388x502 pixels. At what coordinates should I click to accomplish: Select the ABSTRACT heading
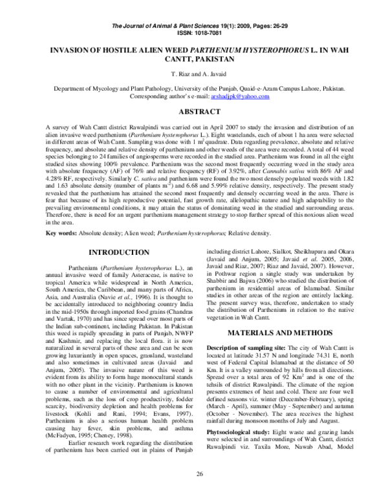(x=194, y=111)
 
